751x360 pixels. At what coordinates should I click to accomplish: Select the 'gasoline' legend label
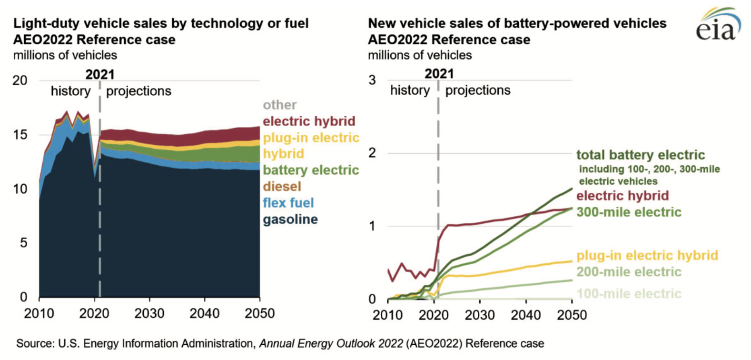point(290,220)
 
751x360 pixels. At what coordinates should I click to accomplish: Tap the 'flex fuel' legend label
point(288,203)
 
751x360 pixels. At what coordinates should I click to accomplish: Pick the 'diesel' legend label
point(282,187)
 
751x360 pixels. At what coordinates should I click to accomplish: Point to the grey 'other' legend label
point(279,105)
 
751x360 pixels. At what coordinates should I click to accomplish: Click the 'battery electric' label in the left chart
point(310,170)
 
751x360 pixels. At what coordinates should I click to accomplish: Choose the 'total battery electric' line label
point(640,155)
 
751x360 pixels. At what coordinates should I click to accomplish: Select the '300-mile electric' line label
point(629,212)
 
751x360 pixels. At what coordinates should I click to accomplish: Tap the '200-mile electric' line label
point(629,272)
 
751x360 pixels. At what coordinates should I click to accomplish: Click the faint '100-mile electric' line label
point(629,294)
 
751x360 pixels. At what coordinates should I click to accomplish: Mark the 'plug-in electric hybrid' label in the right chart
point(647,256)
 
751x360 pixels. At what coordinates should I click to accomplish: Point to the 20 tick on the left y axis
point(20,80)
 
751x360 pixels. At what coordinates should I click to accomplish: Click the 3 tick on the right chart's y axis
point(372,80)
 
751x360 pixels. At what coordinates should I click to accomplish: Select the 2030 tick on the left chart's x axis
point(149,313)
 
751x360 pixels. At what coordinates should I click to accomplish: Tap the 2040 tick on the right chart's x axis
point(526,315)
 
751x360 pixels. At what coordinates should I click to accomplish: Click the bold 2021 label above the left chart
point(100,74)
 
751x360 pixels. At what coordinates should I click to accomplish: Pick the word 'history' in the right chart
point(410,90)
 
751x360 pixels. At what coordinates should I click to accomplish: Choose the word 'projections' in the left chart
point(138,91)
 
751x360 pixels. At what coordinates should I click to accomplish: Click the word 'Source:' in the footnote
point(35,343)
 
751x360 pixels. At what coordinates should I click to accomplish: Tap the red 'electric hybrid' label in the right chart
point(622,196)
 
